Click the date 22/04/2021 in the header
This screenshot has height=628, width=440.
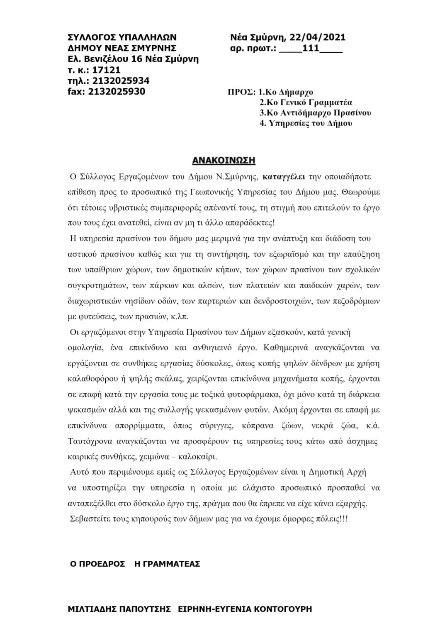tap(320, 38)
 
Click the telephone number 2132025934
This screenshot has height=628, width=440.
tap(121, 81)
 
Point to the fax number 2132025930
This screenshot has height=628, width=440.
tap(117, 92)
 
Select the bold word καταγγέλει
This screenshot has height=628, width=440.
tap(284, 177)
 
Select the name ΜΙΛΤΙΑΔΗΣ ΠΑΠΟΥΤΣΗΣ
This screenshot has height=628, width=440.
tap(119, 609)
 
